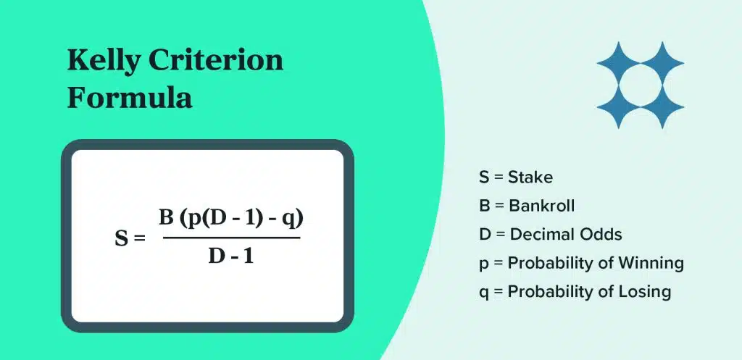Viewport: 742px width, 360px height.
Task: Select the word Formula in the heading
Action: (x=130, y=98)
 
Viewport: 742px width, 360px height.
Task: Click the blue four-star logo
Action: (x=641, y=85)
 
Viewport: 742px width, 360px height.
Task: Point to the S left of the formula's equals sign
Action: (x=122, y=238)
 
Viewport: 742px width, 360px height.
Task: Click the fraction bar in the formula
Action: (x=232, y=238)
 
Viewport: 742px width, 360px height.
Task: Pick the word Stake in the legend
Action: (x=530, y=177)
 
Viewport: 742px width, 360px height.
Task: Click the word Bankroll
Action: (x=542, y=206)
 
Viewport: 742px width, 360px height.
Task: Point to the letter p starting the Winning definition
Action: (x=483, y=265)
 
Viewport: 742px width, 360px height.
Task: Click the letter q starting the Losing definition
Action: (x=483, y=293)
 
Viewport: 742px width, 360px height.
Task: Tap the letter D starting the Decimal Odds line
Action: (x=485, y=234)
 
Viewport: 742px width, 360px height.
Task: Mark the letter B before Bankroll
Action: (x=485, y=206)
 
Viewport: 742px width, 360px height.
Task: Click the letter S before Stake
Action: (x=484, y=177)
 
